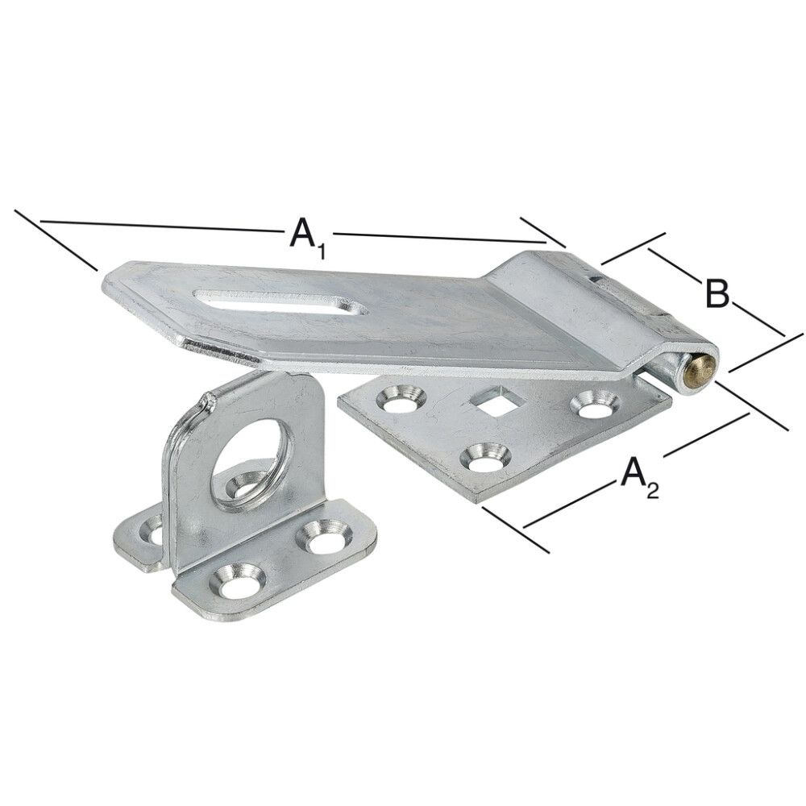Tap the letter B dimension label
716,293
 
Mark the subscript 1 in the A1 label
320,251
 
